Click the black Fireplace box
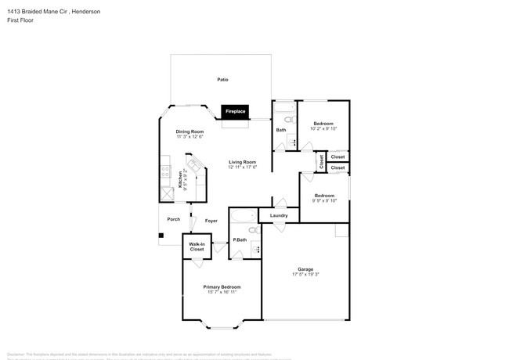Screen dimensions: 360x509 point(235,112)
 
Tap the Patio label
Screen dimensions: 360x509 point(223,80)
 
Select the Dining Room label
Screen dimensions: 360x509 point(190,131)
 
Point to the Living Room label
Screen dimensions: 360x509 point(243,161)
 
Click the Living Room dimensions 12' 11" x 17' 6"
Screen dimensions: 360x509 point(243,167)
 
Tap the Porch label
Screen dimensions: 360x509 point(174,219)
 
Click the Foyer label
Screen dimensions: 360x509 point(211,221)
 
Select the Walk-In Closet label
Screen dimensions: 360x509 point(197,247)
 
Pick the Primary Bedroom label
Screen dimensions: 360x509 point(222,286)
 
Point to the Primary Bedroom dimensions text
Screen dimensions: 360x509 point(222,292)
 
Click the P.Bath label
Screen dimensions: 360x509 point(240,239)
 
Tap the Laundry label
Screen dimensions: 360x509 point(279,216)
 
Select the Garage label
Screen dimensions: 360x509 point(305,268)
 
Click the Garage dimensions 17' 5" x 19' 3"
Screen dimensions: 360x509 point(305,274)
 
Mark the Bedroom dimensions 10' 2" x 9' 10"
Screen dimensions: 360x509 point(324,129)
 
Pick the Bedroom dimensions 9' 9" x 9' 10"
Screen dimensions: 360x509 point(324,200)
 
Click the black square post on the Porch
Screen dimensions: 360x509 point(161,236)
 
